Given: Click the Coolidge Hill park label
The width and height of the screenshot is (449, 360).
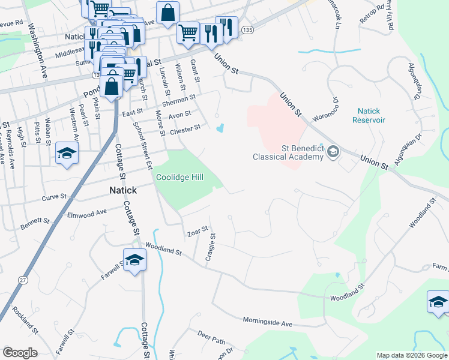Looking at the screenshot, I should point(180,177).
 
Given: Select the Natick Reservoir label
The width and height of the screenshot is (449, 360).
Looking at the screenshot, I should point(371,115).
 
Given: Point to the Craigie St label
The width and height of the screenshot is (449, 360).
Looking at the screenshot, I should point(211,247).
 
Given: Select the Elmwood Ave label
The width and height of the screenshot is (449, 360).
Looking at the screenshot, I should point(87,212).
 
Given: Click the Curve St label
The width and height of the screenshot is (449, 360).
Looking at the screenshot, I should point(53,197).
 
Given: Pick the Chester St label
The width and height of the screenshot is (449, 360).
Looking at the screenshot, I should point(185,129).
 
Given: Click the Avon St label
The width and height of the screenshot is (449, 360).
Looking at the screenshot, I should point(179,114).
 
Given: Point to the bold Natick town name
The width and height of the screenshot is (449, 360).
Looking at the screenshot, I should point(123,190).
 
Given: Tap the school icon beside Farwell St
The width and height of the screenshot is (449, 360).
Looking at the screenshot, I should point(134,260).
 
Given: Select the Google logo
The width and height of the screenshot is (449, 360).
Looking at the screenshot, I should point(20,353).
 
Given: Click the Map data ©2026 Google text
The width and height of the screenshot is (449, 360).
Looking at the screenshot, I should point(411,355).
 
